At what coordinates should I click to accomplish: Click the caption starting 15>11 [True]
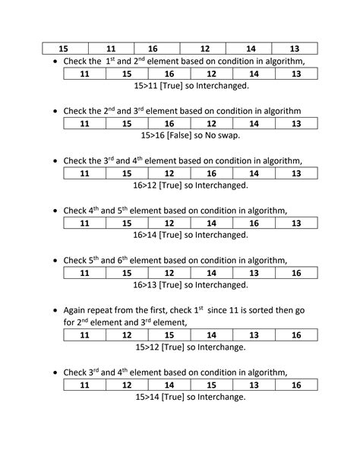click(x=191, y=86)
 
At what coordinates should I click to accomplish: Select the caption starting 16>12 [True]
click(x=191, y=185)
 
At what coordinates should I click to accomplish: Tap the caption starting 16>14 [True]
click(x=191, y=235)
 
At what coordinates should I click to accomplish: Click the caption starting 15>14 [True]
click(x=190, y=397)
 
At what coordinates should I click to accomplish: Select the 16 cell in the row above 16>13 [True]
click(x=296, y=273)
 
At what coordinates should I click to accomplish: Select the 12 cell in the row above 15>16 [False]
click(x=211, y=123)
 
